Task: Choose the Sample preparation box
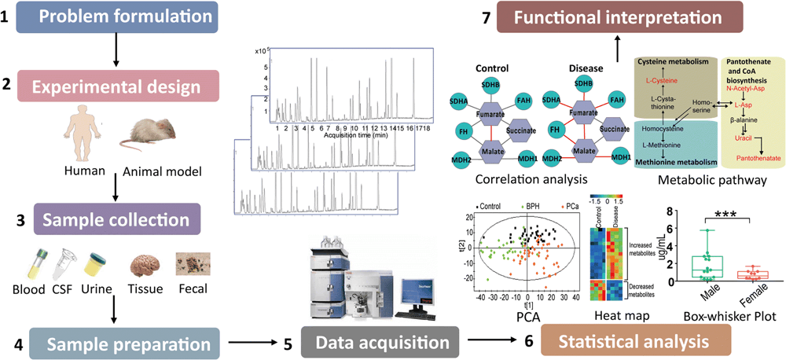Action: coord(127,343)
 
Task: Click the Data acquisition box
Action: coord(377,341)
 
